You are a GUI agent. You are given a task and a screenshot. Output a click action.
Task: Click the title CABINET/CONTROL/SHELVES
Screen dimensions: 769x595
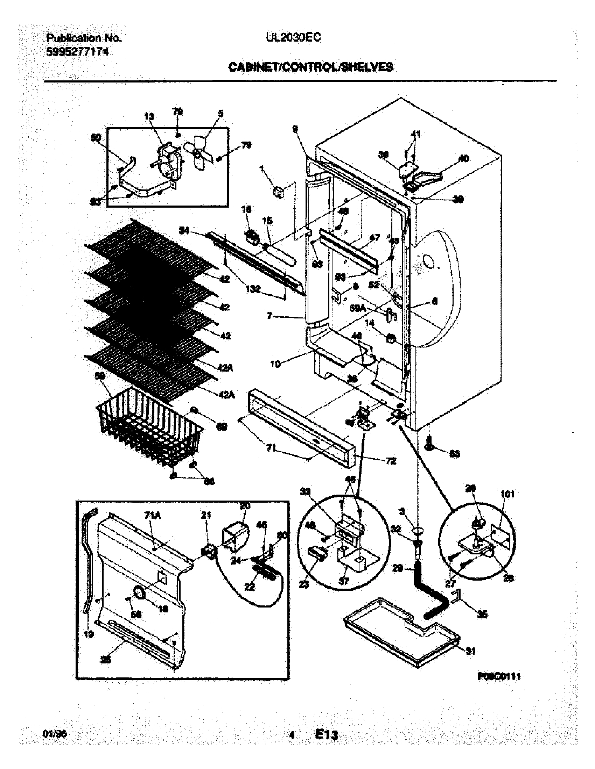(x=311, y=67)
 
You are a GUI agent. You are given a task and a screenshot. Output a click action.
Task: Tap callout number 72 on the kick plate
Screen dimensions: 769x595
(x=391, y=461)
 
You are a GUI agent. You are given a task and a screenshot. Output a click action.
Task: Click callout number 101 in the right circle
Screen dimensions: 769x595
(x=507, y=494)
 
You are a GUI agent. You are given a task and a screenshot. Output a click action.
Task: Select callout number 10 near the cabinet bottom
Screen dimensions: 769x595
(x=275, y=365)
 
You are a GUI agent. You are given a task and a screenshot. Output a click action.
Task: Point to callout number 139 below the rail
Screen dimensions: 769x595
(x=253, y=289)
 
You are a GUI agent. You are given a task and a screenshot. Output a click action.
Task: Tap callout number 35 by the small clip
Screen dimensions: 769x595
(x=482, y=614)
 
